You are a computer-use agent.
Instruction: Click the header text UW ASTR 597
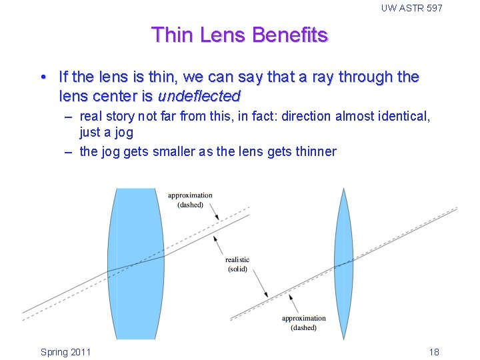coord(411,8)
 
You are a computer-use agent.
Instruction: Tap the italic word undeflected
coord(199,96)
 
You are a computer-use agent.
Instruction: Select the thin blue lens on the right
coord(343,263)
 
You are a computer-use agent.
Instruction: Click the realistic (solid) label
coord(237,264)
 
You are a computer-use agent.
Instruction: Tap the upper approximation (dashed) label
coord(190,200)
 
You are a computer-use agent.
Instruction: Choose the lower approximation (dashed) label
coord(304,323)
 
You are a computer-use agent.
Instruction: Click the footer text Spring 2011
coord(65,352)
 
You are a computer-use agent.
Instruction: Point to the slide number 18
coord(433,352)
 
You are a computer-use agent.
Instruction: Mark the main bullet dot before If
coord(43,77)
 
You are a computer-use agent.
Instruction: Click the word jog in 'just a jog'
coord(123,132)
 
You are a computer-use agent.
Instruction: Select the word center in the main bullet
coord(115,96)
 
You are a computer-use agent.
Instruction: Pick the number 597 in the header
coord(432,8)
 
